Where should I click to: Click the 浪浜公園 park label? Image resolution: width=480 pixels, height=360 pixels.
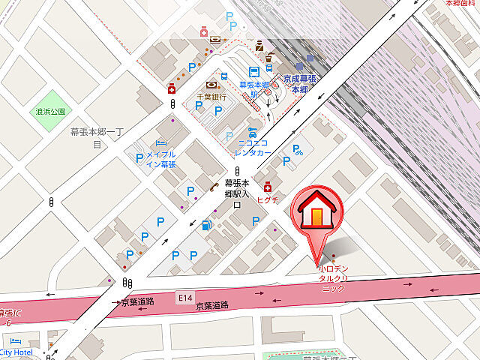pyautogui.click(x=50, y=112)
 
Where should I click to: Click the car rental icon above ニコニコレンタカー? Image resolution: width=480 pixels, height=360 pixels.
pyautogui.click(x=253, y=131)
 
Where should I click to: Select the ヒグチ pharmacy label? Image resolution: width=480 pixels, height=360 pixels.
pyautogui.click(x=268, y=200)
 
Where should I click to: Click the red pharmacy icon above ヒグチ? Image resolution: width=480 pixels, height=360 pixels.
pyautogui.click(x=267, y=187)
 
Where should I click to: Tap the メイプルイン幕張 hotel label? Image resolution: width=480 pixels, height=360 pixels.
pyautogui.click(x=160, y=159)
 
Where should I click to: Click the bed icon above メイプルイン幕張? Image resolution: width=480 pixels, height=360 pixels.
pyautogui.click(x=160, y=143)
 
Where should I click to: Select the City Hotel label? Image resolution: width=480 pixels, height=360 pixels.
pyautogui.click(x=16, y=352)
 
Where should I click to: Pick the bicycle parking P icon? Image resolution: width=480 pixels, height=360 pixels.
pyautogui.click(x=298, y=149)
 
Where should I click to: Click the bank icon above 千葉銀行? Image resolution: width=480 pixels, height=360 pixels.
pyautogui.click(x=211, y=85)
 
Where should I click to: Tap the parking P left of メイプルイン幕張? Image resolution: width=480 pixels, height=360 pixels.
pyautogui.click(x=139, y=158)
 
